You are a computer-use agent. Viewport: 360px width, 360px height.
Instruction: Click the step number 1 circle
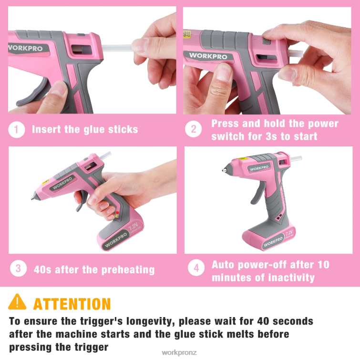(17, 130)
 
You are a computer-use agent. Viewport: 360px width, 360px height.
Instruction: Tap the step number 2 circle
(193, 129)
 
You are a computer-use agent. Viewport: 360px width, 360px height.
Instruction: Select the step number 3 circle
(18, 268)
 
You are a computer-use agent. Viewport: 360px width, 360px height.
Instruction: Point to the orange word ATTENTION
(72, 304)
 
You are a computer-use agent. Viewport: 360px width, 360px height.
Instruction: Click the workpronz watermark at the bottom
(179, 353)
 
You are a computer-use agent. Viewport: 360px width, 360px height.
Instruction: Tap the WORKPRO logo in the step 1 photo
(25, 48)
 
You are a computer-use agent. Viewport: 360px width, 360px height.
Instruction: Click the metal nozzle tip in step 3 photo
(33, 197)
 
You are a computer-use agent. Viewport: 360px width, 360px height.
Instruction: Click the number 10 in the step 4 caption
(323, 265)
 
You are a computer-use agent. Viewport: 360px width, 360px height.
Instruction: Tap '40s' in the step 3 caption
(43, 269)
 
